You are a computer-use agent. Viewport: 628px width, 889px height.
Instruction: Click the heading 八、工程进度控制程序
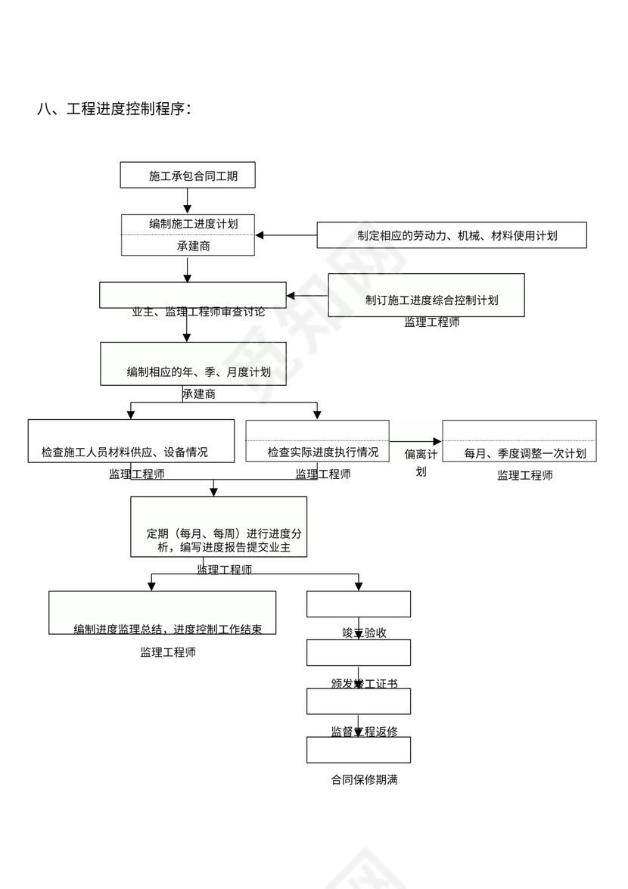click(114, 109)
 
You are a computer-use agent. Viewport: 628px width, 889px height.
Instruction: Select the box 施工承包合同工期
click(188, 176)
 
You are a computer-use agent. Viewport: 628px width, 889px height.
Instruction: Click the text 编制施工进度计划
click(194, 224)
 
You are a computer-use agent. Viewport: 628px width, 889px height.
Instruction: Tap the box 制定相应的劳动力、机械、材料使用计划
click(452, 235)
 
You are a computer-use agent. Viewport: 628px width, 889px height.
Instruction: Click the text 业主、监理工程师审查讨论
click(198, 311)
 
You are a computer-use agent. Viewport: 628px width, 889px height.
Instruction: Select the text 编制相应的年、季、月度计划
click(198, 372)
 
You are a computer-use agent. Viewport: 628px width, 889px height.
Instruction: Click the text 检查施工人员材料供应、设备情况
click(125, 452)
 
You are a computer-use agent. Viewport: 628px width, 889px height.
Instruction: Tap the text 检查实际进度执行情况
click(322, 452)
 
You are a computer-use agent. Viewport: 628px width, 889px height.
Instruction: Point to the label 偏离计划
click(421, 462)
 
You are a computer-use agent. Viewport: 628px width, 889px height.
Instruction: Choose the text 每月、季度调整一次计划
click(524, 453)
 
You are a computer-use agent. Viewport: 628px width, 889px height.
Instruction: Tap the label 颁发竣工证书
click(364, 683)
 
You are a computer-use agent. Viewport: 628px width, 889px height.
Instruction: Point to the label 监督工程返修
click(364, 731)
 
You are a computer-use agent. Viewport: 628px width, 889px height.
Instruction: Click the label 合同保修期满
click(364, 779)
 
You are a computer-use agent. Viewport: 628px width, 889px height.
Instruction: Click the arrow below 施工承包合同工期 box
click(188, 200)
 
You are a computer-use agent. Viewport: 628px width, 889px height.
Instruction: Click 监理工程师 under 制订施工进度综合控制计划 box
click(431, 322)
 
